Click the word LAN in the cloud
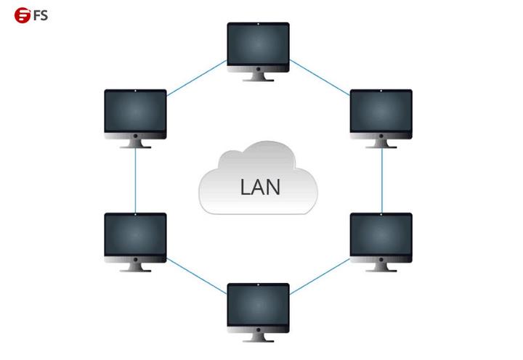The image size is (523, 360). (x=259, y=187)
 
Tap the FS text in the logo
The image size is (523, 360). (x=39, y=14)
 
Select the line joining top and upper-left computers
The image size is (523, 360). (x=196, y=78)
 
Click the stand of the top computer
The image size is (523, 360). (x=258, y=77)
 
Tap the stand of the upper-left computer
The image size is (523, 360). (x=135, y=144)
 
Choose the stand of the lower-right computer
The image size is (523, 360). (x=381, y=267)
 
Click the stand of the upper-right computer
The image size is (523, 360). (x=381, y=144)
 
